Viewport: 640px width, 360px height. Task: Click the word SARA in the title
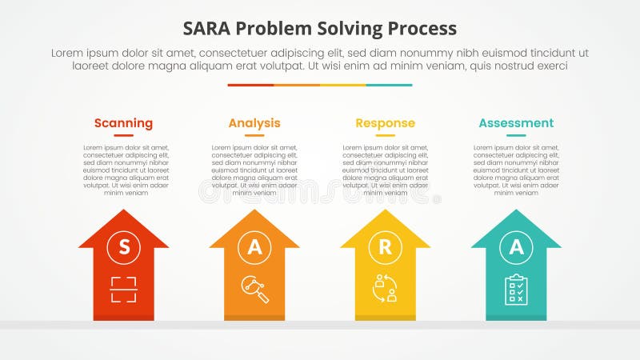210,28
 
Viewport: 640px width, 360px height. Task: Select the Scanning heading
123,123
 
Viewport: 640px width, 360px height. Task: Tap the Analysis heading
254,123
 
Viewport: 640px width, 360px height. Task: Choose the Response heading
385,123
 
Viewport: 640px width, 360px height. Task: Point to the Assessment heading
516,123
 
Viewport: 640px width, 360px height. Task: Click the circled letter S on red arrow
123,248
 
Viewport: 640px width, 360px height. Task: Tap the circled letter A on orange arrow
254,248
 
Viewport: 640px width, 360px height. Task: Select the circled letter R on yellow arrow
385,248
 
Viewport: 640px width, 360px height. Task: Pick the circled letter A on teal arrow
516,248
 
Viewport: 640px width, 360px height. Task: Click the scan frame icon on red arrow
123,289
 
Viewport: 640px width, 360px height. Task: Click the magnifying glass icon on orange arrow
254,289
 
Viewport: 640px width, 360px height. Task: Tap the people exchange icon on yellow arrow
385,289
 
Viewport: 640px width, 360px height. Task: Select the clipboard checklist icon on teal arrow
516,289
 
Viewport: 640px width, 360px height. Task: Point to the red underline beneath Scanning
123,136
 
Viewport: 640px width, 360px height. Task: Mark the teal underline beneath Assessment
516,136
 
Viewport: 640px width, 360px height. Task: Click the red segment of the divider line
250,85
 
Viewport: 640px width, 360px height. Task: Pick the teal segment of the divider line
390,85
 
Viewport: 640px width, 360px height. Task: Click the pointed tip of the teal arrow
516,212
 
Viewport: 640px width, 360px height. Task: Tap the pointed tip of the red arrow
123,212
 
